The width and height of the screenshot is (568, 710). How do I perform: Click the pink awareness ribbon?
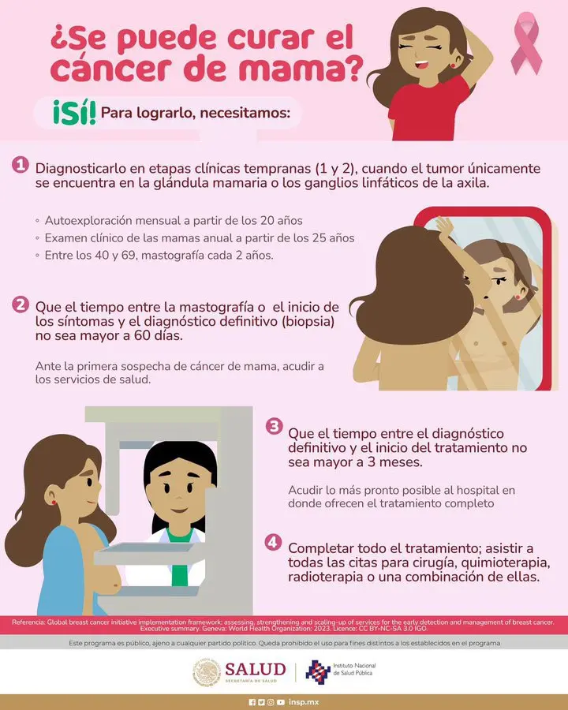tap(526, 43)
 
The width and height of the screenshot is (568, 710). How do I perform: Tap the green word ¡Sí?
tap(74, 112)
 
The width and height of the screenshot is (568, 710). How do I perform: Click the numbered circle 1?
tap(21, 165)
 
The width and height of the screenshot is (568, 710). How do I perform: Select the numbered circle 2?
tap(21, 305)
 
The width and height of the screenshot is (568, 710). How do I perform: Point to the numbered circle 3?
tap(274, 426)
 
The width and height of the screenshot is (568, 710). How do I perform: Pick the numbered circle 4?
tap(273, 542)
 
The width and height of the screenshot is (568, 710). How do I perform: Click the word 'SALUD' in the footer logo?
tap(256, 669)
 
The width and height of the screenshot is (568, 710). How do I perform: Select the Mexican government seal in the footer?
tap(207, 672)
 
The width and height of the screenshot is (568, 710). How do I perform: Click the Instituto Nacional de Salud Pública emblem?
tap(317, 671)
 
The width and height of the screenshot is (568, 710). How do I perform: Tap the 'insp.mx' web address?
tap(304, 702)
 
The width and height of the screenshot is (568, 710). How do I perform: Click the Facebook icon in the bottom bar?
tap(252, 702)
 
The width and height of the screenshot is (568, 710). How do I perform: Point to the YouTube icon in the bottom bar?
tap(281, 702)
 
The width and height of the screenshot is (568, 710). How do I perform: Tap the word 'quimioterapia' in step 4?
tap(493, 563)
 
